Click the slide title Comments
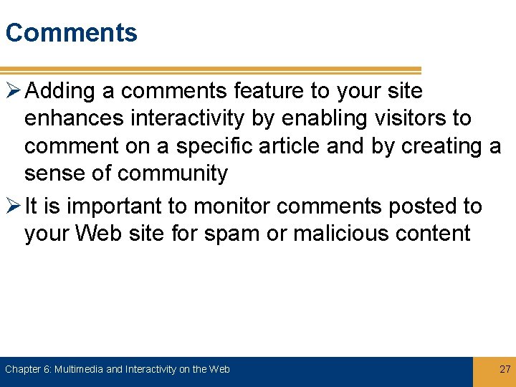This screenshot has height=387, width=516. pyautogui.click(x=71, y=33)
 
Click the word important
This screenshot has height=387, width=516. pyautogui.click(x=107, y=206)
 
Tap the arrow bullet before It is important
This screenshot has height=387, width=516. pyautogui.click(x=13, y=206)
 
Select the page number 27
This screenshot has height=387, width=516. pyautogui.click(x=505, y=369)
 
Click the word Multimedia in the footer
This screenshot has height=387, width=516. pyautogui.click(x=78, y=369)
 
